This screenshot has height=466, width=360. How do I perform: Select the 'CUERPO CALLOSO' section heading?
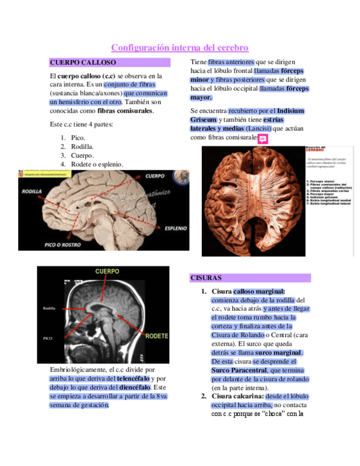pyautogui.click(x=82, y=63)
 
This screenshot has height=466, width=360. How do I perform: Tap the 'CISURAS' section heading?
pyautogui.click(x=206, y=278)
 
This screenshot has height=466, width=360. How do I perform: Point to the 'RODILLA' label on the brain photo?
pyautogui.click(x=33, y=192)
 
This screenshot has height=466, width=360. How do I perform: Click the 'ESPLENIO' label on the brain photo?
pyautogui.click(x=174, y=227)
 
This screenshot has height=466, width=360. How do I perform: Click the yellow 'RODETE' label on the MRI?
pyautogui.click(x=157, y=335)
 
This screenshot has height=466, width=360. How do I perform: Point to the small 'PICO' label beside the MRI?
pyautogui.click(x=47, y=339)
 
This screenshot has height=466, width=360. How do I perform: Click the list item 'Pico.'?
pyautogui.click(x=78, y=137)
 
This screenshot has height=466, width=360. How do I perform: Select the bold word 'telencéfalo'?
pyautogui.click(x=132, y=379)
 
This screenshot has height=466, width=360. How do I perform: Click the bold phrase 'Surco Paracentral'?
pyautogui.click(x=239, y=370)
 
